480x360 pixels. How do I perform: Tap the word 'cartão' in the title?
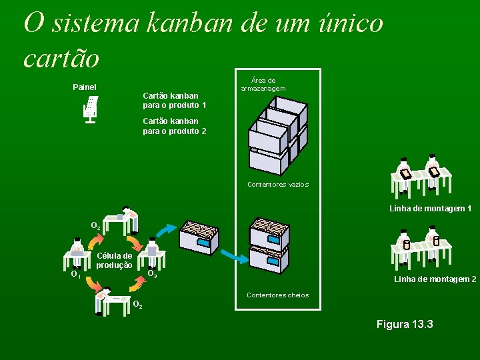(x=61, y=58)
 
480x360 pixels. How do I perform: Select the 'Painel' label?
(x=85, y=87)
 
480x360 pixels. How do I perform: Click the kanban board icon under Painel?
(x=91, y=109)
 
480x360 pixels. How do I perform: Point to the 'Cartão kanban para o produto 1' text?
(x=174, y=101)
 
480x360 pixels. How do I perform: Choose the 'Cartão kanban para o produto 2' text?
(x=174, y=126)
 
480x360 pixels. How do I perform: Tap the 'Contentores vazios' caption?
(x=277, y=184)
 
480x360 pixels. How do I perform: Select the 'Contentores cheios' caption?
(x=277, y=295)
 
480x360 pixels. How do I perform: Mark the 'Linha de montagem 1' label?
(x=430, y=209)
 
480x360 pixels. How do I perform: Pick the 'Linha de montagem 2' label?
(x=435, y=279)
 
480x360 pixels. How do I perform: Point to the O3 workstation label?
(x=152, y=274)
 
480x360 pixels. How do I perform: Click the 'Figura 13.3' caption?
(x=405, y=325)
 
